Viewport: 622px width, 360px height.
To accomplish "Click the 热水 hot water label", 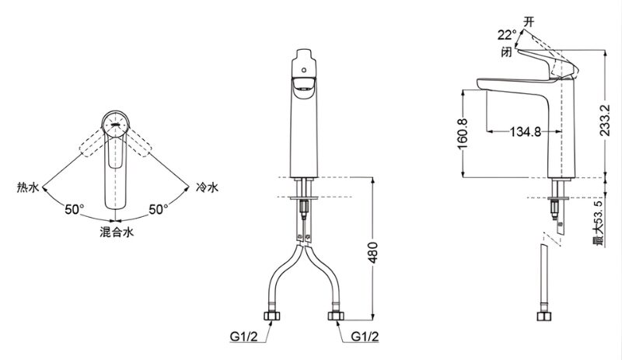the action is (x=28, y=187).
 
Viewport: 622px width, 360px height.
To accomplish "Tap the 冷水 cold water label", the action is (x=207, y=187).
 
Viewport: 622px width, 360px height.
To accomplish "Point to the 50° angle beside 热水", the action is (x=75, y=209).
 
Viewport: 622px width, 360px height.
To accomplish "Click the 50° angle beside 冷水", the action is (x=159, y=209).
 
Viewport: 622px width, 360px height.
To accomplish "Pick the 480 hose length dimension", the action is (x=373, y=252).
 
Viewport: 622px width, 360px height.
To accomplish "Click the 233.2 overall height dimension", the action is (x=605, y=121).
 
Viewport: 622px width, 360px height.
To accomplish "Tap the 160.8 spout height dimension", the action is (x=463, y=134).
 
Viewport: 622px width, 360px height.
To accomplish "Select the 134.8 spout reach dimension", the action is (x=526, y=131).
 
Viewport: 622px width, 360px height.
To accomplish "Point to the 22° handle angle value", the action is (x=507, y=35).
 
